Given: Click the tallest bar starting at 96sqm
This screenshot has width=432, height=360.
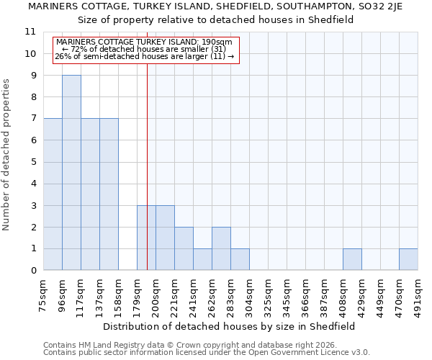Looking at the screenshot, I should pos(71,173).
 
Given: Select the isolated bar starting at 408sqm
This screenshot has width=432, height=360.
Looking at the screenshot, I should pos(352,260).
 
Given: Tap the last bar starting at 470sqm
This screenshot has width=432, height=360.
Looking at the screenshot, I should pos(408,260).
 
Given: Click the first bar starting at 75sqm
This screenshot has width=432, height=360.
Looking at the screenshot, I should pos(53,194).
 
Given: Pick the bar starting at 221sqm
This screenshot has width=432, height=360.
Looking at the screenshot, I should pos(184,249).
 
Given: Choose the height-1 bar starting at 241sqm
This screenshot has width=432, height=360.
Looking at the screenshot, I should pos(202,260).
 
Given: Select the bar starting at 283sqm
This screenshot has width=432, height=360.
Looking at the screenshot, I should pos(240,260).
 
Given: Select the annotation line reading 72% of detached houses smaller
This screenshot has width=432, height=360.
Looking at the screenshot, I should pos(144,49).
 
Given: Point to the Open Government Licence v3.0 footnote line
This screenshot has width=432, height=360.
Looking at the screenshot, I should pos(207,353).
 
